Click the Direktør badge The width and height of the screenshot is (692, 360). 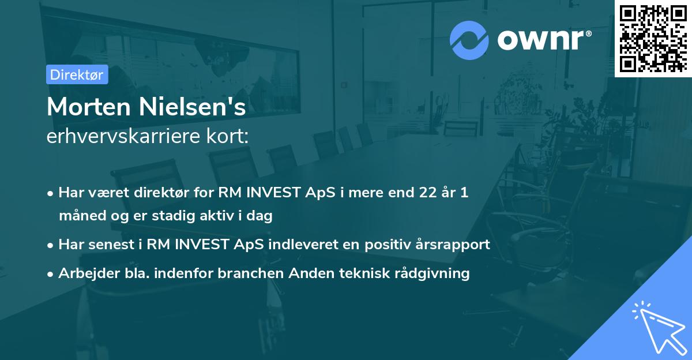[x=77, y=74]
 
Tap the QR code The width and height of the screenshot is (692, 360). [x=653, y=38]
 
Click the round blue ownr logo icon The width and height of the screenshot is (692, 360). [x=469, y=40]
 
